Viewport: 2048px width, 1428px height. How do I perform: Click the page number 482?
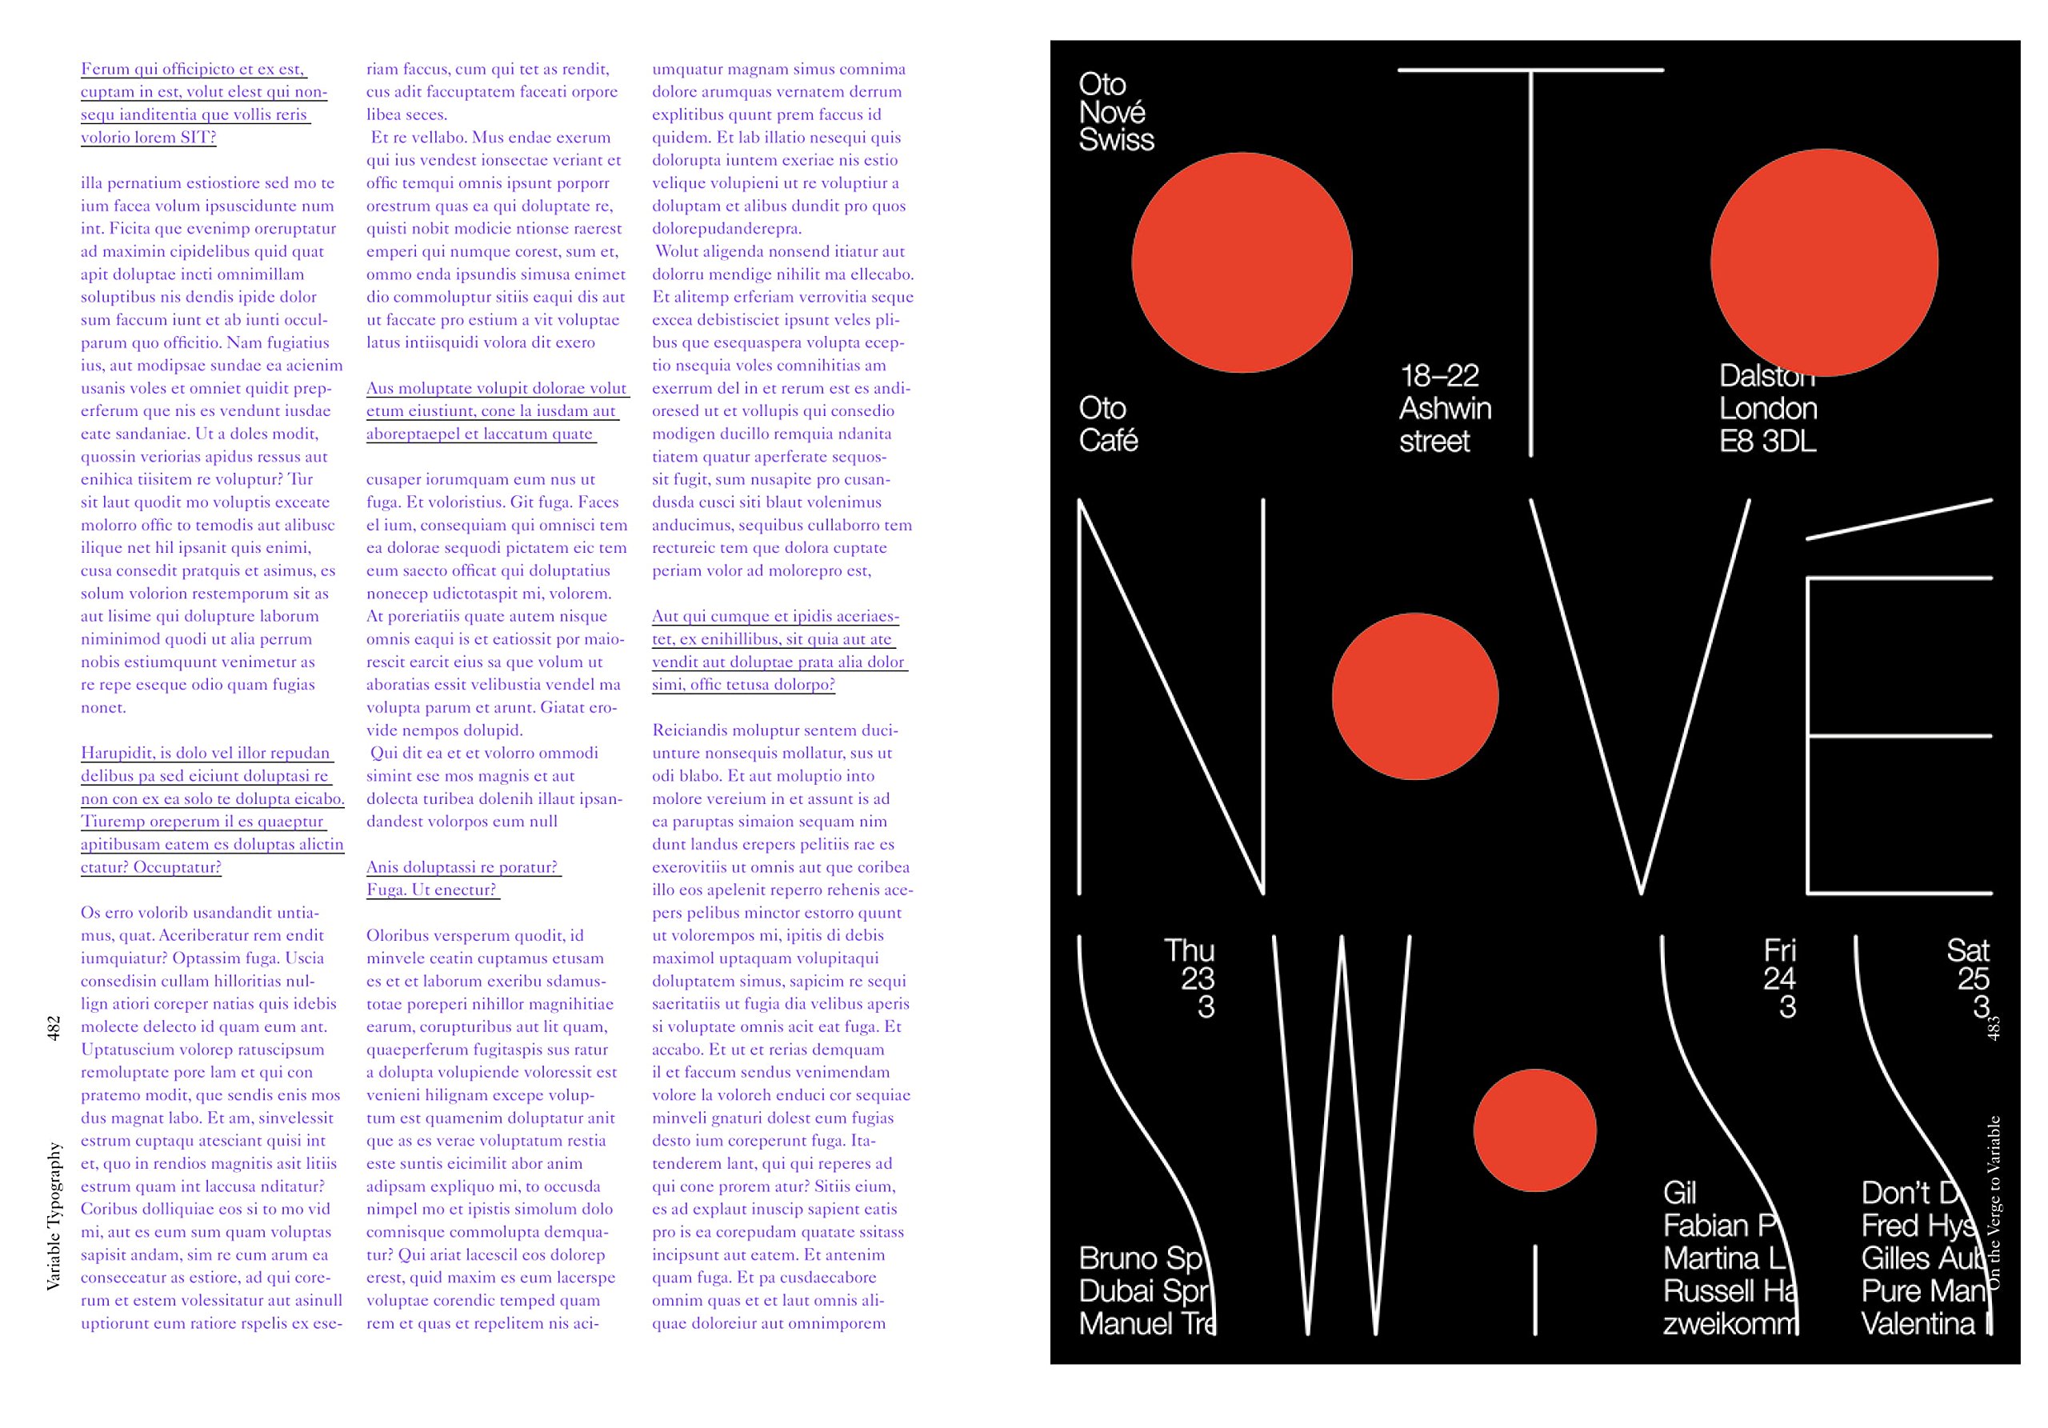pos(54,1027)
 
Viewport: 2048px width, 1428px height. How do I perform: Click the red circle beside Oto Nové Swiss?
pos(1242,262)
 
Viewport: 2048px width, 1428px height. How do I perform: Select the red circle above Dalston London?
pos(1823,262)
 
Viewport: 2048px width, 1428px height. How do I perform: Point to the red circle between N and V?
pos(1414,696)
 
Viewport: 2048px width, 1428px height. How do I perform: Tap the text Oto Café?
pos(1108,424)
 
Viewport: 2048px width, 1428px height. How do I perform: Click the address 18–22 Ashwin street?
pos(1444,408)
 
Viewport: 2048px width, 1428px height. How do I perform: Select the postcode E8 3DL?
pos(1767,441)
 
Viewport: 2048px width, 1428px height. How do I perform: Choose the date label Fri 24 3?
pos(1779,978)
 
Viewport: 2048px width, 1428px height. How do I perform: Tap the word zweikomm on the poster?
pos(1729,1324)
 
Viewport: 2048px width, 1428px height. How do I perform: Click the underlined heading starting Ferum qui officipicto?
pos(203,102)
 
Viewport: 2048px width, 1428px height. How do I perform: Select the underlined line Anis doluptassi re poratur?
pos(462,867)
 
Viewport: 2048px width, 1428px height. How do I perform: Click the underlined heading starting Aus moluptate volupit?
pos(496,411)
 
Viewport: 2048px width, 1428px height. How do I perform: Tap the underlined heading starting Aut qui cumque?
pos(778,650)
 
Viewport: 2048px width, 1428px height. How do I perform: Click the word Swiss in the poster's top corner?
pos(1116,140)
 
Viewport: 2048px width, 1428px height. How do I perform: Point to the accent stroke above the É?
pos(1899,519)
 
